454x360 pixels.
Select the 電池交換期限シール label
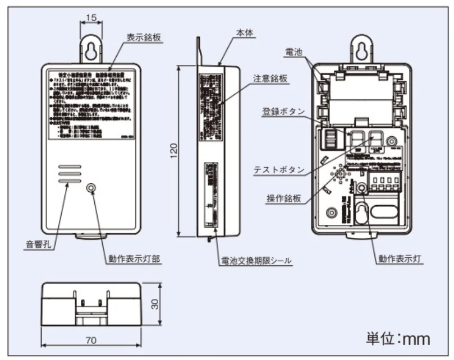[256, 261]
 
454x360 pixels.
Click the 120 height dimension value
[173, 150]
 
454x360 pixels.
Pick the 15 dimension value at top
[92, 17]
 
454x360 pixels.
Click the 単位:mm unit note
[398, 338]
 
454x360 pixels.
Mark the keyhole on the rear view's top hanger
[363, 49]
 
